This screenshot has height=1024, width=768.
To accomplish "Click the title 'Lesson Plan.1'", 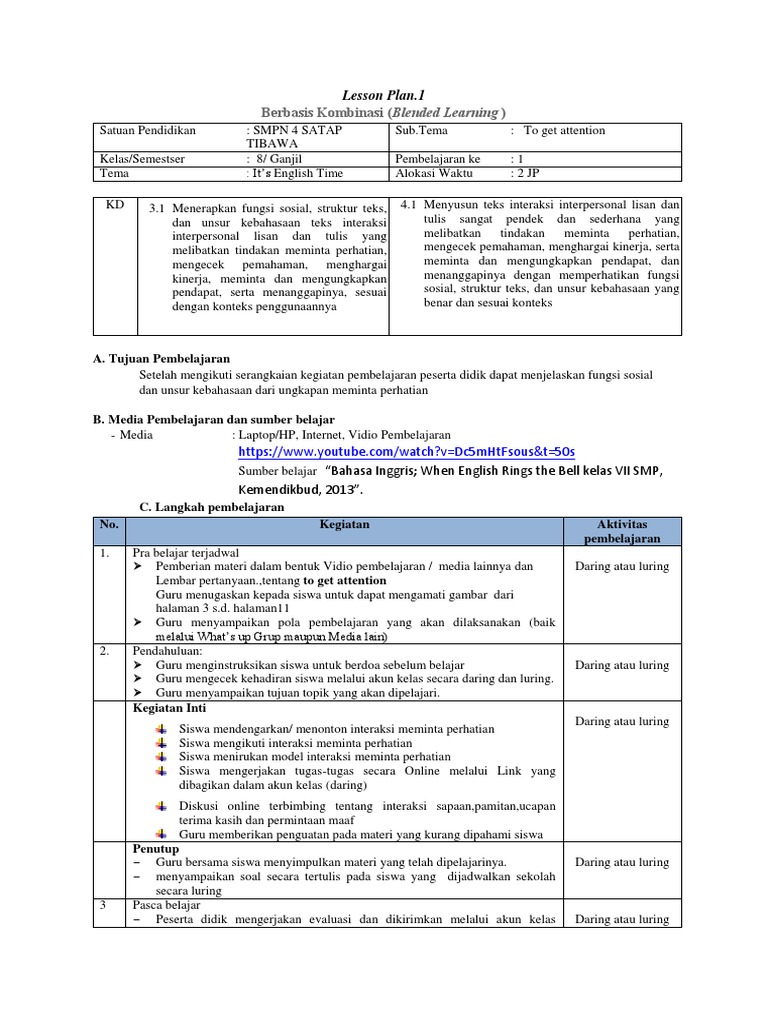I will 384,93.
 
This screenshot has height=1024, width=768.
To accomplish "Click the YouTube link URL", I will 407,452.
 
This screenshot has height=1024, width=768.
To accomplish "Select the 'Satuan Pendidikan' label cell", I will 148,131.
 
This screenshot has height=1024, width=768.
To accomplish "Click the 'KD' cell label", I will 115,204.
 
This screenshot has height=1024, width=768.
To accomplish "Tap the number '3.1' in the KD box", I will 156,208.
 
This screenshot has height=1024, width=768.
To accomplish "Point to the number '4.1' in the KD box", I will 407,204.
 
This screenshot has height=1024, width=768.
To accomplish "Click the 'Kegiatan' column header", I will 344,524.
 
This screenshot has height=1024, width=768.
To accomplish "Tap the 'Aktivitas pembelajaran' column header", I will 621,531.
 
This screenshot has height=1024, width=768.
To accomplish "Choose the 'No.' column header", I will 108,524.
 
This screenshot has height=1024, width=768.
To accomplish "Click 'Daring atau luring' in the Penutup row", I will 621,862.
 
